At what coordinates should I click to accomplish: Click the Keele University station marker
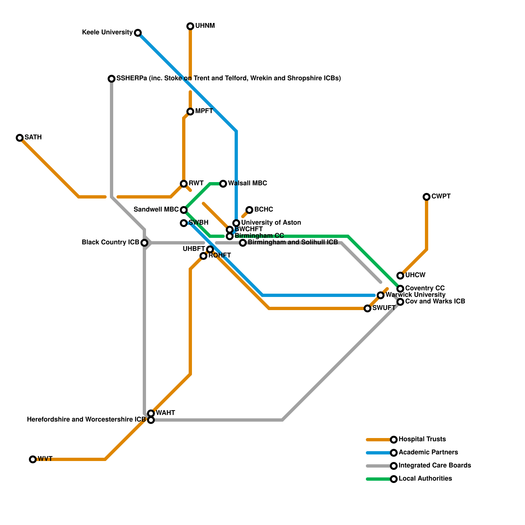pyautogui.click(x=138, y=33)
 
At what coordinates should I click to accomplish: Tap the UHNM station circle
pyautogui.click(x=190, y=26)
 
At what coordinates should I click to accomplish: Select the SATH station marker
pyautogui.click(x=20, y=138)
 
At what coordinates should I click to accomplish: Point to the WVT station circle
pyautogui.click(x=33, y=459)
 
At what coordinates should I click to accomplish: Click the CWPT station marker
pyautogui.click(x=427, y=197)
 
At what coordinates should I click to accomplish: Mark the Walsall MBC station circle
pyautogui.click(x=223, y=184)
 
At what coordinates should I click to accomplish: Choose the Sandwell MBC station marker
pyautogui.click(x=184, y=210)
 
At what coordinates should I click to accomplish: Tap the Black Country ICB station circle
pyautogui.click(x=144, y=243)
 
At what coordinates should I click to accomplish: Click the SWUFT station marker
pyautogui.click(x=367, y=308)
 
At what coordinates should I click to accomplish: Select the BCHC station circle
pyautogui.click(x=249, y=210)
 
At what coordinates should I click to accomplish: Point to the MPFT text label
pyautogui.click(x=204, y=111)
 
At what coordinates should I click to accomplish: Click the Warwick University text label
pyautogui.click(x=415, y=295)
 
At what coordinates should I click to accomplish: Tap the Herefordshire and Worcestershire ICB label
pyautogui.click(x=86, y=420)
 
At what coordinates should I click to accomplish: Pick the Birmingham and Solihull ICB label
pyautogui.click(x=293, y=242)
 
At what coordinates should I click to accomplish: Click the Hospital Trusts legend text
pyautogui.click(x=422, y=439)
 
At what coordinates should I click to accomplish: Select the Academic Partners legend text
pyautogui.click(x=428, y=452)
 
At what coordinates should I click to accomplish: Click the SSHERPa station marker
pyautogui.click(x=112, y=79)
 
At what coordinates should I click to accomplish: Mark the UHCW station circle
pyautogui.click(x=400, y=276)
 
